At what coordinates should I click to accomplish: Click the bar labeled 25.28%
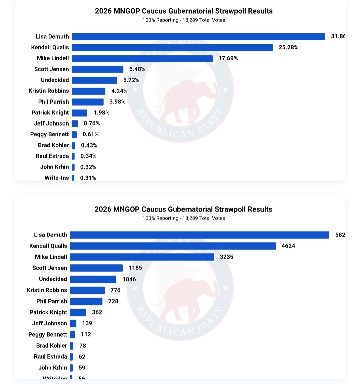point(172,48)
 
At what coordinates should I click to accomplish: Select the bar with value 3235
point(142,257)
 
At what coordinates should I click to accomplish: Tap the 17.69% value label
point(228,58)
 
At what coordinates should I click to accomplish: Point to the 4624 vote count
point(288,246)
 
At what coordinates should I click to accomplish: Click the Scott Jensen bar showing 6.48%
point(98,69)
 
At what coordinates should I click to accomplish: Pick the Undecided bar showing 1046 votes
point(93,279)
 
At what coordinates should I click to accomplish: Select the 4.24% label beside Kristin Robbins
point(119,91)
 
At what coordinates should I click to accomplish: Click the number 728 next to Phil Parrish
point(113,301)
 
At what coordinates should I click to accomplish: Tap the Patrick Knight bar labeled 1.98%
point(80,113)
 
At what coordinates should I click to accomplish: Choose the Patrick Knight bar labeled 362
point(78,312)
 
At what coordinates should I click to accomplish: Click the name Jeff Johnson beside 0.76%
point(51,124)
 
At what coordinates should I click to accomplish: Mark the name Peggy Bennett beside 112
point(48,334)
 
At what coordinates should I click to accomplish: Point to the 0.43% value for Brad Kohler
point(89,146)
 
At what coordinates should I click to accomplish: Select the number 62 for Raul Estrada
point(82,357)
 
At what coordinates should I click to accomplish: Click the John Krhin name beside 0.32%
point(55,167)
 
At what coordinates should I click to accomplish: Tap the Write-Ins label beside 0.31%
point(57,178)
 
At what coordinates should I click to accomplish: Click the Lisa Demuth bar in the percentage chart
point(198,37)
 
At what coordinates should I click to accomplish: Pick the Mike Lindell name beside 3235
point(51,257)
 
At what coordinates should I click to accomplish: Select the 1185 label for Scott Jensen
point(135,268)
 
